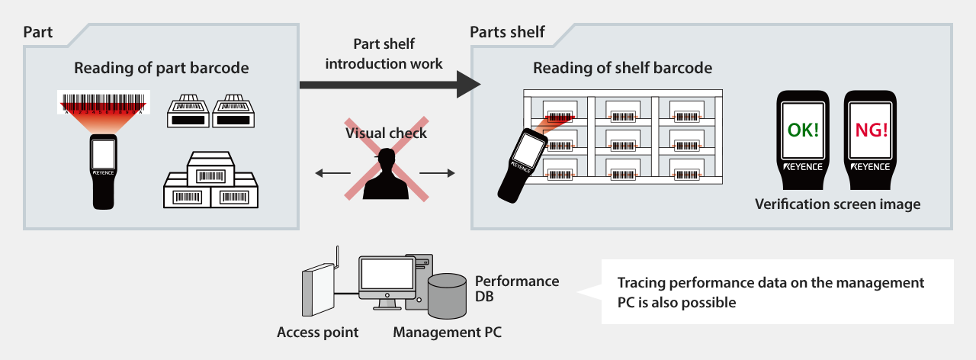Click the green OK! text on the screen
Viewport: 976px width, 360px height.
click(803, 130)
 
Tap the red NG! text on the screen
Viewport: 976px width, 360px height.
click(870, 130)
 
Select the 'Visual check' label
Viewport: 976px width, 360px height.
click(387, 133)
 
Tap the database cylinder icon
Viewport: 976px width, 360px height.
click(447, 297)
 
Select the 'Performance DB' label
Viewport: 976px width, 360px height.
click(517, 288)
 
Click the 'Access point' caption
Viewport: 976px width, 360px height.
click(317, 333)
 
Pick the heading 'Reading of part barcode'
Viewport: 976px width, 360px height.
click(161, 68)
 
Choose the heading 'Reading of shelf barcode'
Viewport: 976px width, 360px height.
click(622, 68)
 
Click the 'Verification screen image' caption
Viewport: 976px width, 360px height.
click(837, 204)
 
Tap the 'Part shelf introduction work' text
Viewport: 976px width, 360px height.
click(384, 54)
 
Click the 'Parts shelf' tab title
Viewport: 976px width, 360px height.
click(507, 31)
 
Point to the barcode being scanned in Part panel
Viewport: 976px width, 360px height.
click(104, 102)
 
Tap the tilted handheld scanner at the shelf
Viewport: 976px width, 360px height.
click(520, 161)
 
